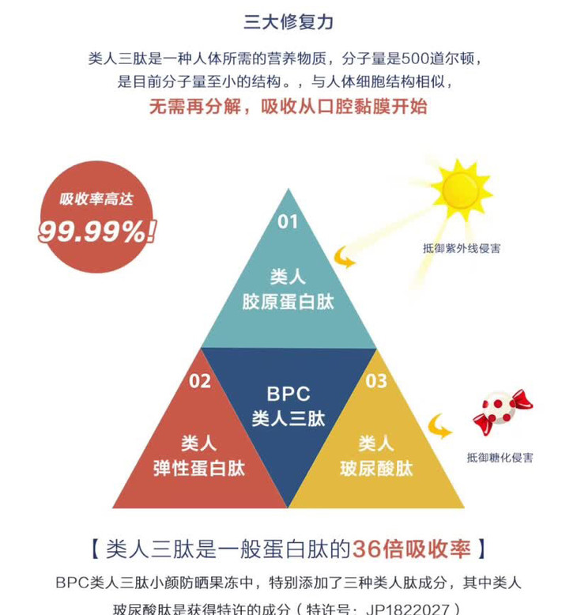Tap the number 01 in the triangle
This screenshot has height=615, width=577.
coord(288,221)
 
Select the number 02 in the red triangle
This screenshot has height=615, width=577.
coord(200,381)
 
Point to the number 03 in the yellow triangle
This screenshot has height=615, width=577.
coord(376,381)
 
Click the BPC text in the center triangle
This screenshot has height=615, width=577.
coord(288,394)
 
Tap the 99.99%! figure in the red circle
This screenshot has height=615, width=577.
coord(96,231)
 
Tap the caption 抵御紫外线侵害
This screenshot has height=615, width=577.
coord(462,248)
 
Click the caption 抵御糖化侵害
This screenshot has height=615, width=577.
coord(500,458)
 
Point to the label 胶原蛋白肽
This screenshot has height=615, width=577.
coord(288,303)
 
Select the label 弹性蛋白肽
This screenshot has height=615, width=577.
coord(199,468)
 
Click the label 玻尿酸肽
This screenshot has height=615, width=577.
coord(376,468)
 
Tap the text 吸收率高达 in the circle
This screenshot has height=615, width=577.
coord(96,199)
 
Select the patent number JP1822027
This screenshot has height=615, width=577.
coord(420,608)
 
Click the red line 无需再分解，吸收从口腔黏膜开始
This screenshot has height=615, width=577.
coord(288,106)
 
